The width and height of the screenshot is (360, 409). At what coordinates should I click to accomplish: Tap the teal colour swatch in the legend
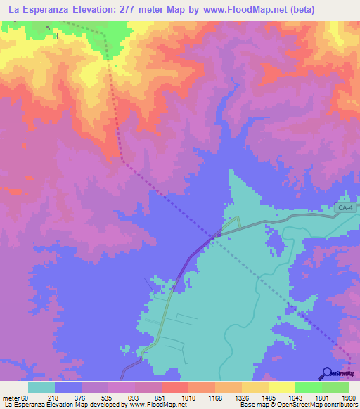point(41,387)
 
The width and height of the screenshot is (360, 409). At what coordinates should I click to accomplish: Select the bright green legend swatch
point(308,387)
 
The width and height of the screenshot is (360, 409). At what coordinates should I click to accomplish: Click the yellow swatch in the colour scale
point(281,387)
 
